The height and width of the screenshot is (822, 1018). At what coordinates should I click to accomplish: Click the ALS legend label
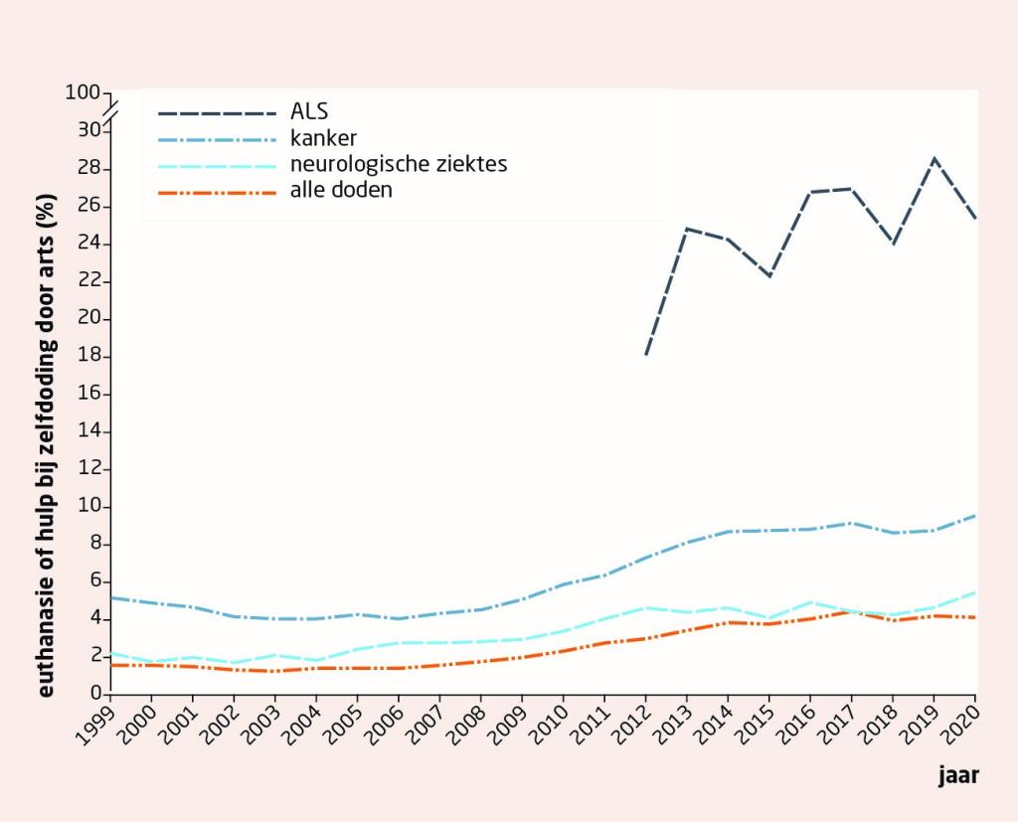coord(308,111)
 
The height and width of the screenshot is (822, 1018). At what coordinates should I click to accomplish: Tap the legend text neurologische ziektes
coord(399,163)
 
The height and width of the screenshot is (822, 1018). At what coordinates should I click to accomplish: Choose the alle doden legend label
coord(341,189)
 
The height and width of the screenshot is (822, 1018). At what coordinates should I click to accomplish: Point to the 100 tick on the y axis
coord(84,92)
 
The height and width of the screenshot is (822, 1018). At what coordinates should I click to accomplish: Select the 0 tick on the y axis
coord(95,694)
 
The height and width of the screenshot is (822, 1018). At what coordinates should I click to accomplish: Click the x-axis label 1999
coord(97,718)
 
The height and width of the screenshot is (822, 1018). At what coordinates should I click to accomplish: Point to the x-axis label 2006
coord(386,718)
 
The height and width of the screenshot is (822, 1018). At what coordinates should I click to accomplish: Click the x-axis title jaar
coord(958,776)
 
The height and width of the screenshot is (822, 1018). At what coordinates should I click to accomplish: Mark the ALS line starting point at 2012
coord(646,354)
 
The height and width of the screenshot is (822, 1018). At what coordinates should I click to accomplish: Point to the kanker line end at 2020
coord(975,515)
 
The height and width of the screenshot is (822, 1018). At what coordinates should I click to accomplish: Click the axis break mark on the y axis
coord(109,111)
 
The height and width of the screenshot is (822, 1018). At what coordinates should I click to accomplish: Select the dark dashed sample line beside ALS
coord(217,111)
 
